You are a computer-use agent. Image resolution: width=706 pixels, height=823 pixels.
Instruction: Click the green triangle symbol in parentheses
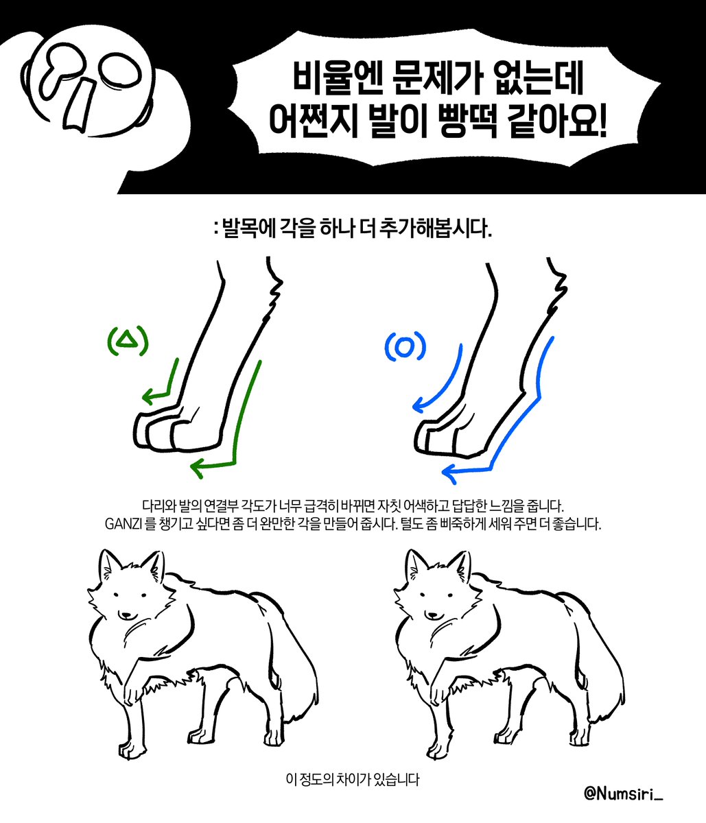128,341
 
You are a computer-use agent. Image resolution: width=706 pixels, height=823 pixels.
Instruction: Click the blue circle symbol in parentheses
405,348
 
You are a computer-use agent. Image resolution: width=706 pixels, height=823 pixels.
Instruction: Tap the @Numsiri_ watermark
624,793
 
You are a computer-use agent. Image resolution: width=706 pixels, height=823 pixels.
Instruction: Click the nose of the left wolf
126,615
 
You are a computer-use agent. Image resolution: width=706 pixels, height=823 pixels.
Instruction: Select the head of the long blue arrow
447,471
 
